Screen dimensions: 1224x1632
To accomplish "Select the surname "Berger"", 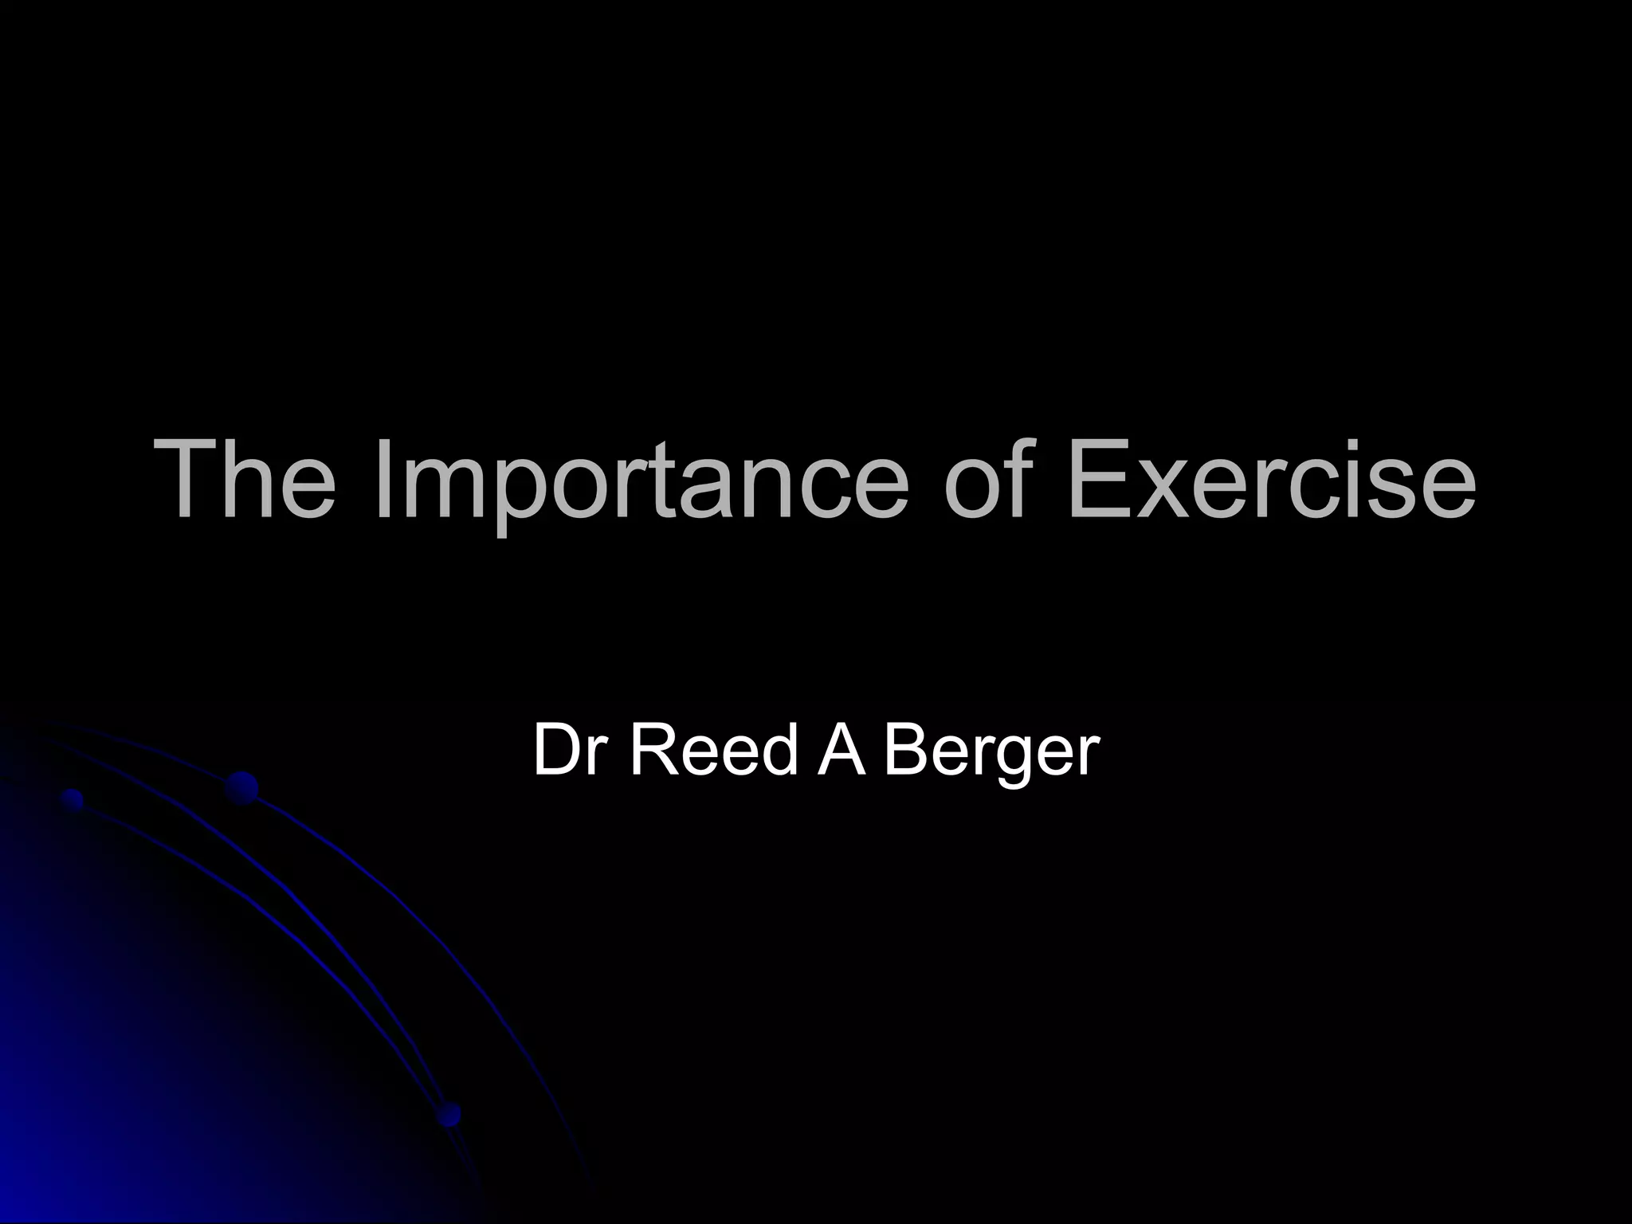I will point(991,752).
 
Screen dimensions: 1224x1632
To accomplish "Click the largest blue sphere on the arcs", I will point(241,788).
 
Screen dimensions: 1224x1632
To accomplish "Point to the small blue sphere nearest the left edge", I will point(73,798).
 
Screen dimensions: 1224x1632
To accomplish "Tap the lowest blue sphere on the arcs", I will point(449,1113).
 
